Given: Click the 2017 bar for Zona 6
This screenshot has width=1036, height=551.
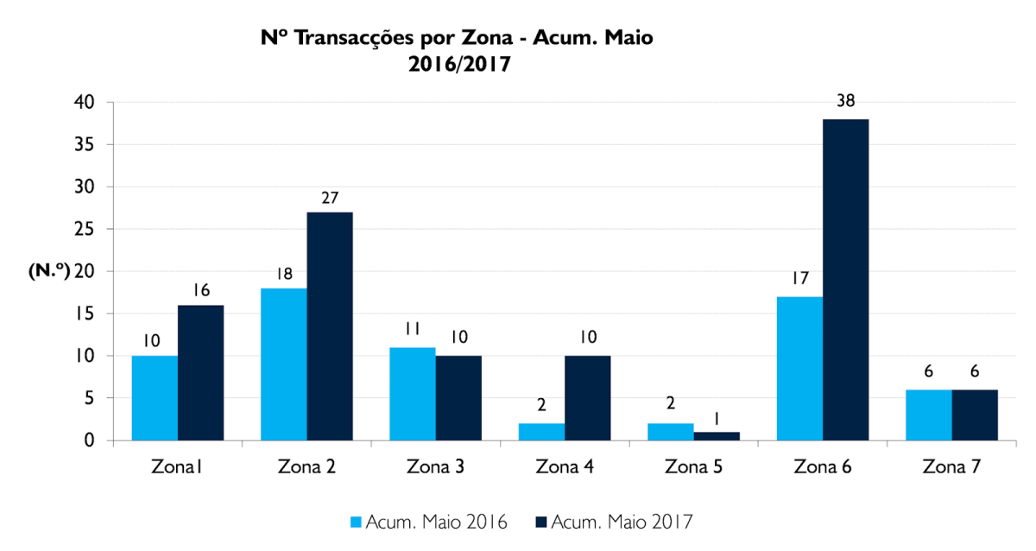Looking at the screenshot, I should pos(845,280).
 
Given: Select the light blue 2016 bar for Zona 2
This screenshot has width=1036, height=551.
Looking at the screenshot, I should pos(284,364).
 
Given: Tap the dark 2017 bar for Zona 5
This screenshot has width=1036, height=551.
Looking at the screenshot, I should pos(717,436).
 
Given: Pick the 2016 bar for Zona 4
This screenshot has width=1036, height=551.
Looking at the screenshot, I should pos(541,432).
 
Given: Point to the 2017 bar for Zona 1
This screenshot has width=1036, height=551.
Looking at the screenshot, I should pos(200,373).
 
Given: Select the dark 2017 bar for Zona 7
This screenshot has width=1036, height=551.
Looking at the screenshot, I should pos(975,415).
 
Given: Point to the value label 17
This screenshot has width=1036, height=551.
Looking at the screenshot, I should pos(799,279).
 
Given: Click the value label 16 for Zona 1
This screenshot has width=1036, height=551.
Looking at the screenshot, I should pos(201,289).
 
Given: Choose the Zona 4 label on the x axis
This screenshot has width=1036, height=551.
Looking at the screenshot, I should pos(564,467).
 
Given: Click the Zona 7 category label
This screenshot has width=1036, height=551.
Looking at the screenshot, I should pos(951,467).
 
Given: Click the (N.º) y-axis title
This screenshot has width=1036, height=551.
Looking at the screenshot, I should pos(48,271).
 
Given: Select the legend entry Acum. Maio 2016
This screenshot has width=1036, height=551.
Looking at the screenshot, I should pos(428,522).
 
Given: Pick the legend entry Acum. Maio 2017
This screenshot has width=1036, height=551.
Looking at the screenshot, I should pos(614,522).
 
